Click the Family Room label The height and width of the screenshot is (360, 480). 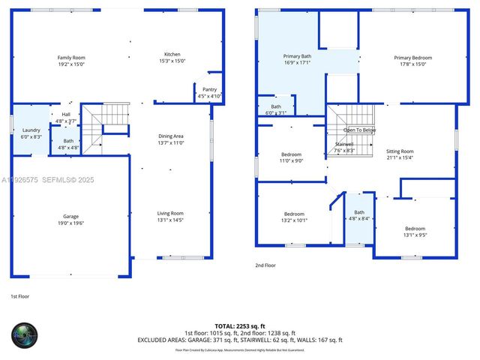[x=72, y=58]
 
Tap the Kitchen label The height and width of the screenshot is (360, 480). [x=172, y=54]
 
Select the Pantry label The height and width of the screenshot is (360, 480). [x=209, y=90]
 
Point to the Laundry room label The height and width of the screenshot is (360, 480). [x=31, y=130]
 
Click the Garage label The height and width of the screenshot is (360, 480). [x=70, y=217]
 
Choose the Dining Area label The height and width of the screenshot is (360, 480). [x=171, y=136]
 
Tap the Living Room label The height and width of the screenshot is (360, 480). [x=171, y=213]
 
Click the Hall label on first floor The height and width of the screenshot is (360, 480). [x=66, y=115]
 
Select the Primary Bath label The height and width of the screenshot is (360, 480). [x=298, y=56]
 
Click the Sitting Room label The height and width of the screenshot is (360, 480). [x=400, y=151]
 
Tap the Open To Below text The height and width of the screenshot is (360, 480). [x=359, y=130]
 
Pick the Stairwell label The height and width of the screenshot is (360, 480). [x=344, y=144]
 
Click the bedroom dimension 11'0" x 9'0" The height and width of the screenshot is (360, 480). [x=291, y=160]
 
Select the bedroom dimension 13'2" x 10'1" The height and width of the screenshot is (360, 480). [x=294, y=220]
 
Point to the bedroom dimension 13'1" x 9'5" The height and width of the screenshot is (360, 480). [x=415, y=235]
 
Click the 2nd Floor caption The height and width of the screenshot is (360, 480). [x=265, y=265]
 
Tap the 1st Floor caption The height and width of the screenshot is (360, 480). [x=20, y=297]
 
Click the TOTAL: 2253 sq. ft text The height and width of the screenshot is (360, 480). [x=239, y=325]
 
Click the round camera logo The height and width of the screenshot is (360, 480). [x=25, y=334]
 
